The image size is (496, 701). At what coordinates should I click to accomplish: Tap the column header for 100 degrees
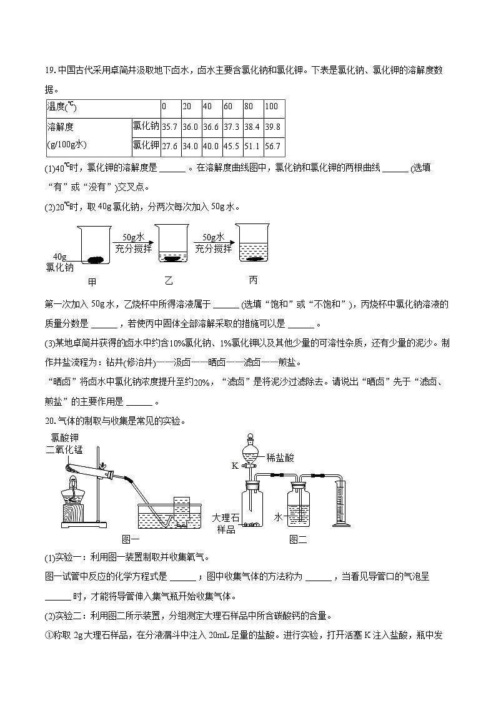coord(271,107)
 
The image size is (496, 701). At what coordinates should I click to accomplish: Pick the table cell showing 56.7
coord(273,147)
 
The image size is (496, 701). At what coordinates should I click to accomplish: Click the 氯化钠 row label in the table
coord(145,127)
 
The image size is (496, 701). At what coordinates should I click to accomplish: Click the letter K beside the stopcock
coord(234,466)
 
